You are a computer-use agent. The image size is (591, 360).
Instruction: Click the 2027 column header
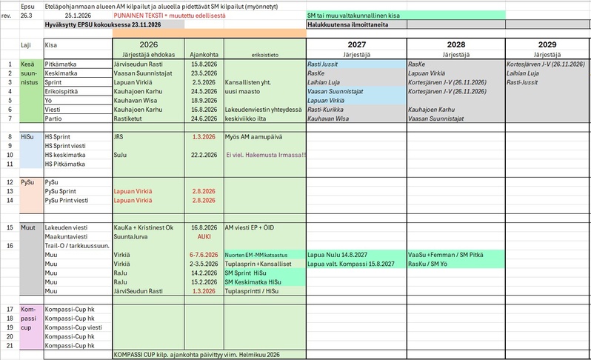[x=355, y=45]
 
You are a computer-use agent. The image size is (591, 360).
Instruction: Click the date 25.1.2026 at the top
[x=78, y=15]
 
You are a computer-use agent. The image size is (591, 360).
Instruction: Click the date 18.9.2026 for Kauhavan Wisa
[x=204, y=100]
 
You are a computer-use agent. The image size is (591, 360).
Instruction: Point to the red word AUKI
[x=204, y=237]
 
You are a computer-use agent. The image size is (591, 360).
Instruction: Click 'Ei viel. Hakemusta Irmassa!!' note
[x=266, y=155]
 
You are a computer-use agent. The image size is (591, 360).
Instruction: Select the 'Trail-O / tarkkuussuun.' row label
[x=77, y=245]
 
